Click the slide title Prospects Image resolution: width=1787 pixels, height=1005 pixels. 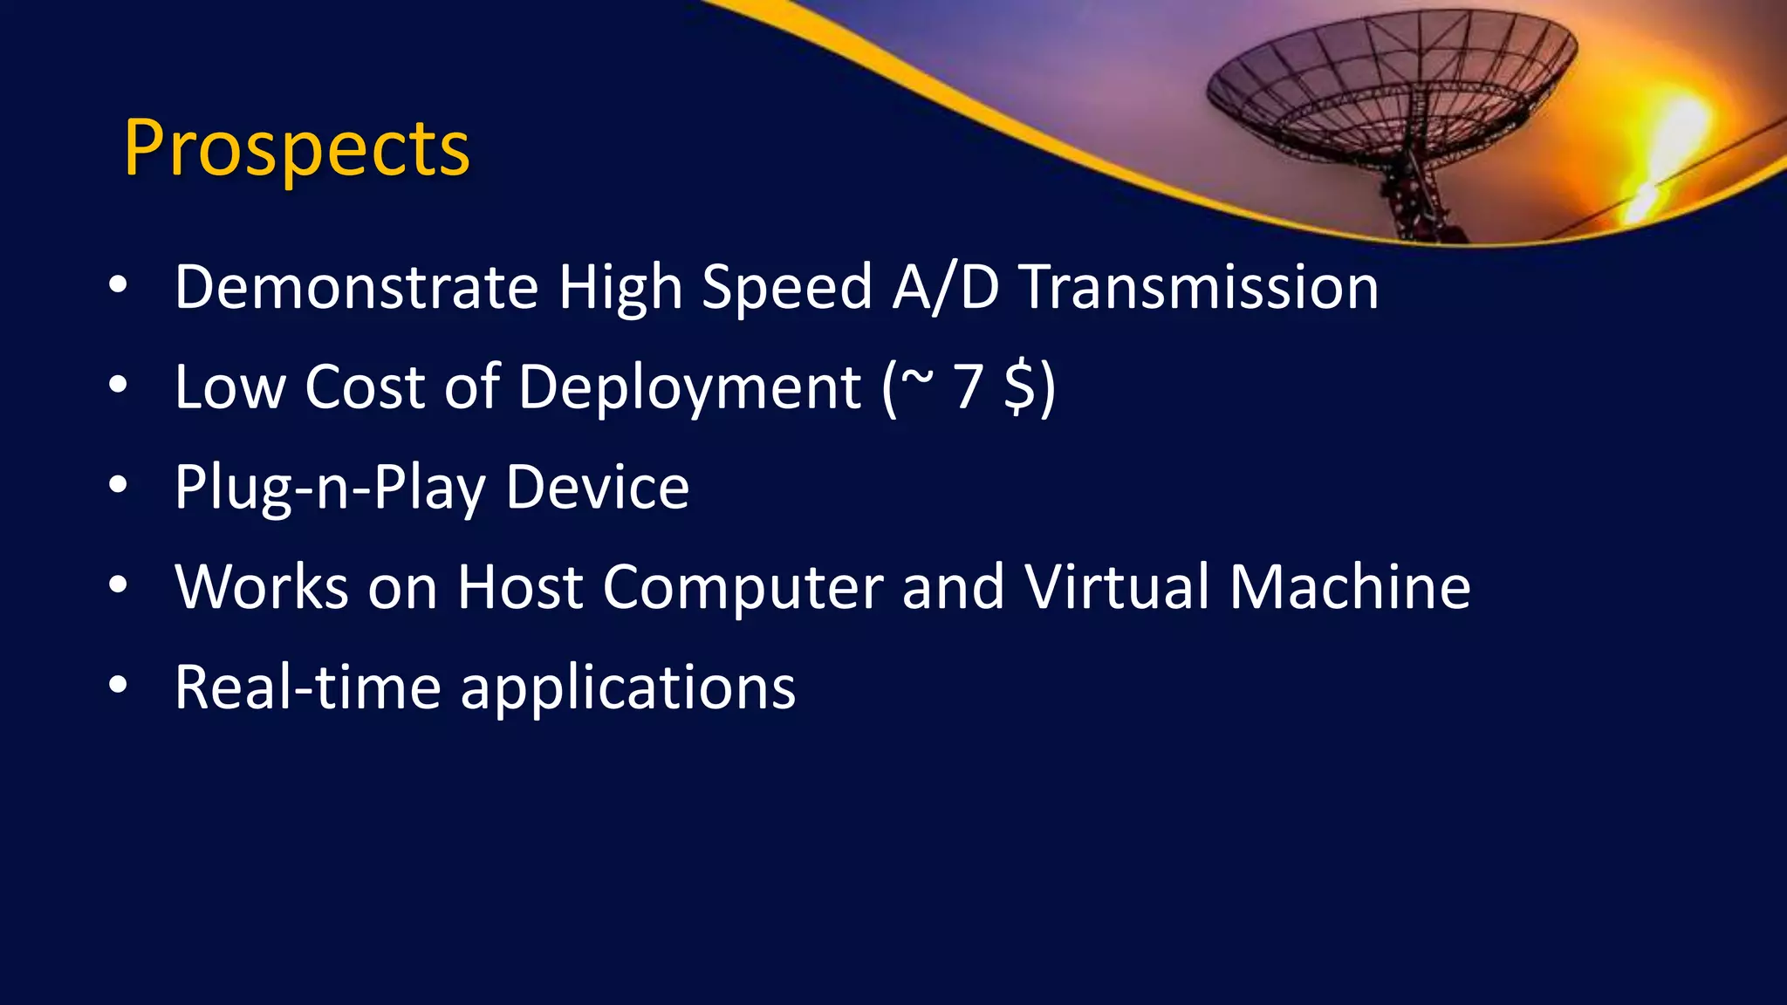point(297,148)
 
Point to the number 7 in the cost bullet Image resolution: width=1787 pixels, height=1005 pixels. point(968,386)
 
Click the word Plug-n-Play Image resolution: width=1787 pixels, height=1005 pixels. point(330,488)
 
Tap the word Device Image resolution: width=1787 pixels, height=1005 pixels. point(598,487)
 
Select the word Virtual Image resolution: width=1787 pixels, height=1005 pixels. point(1116,586)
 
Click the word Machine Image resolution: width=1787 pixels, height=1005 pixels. point(1350,586)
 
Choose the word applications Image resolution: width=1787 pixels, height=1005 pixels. point(627,688)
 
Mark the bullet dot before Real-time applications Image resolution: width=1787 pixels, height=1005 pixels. point(119,686)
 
